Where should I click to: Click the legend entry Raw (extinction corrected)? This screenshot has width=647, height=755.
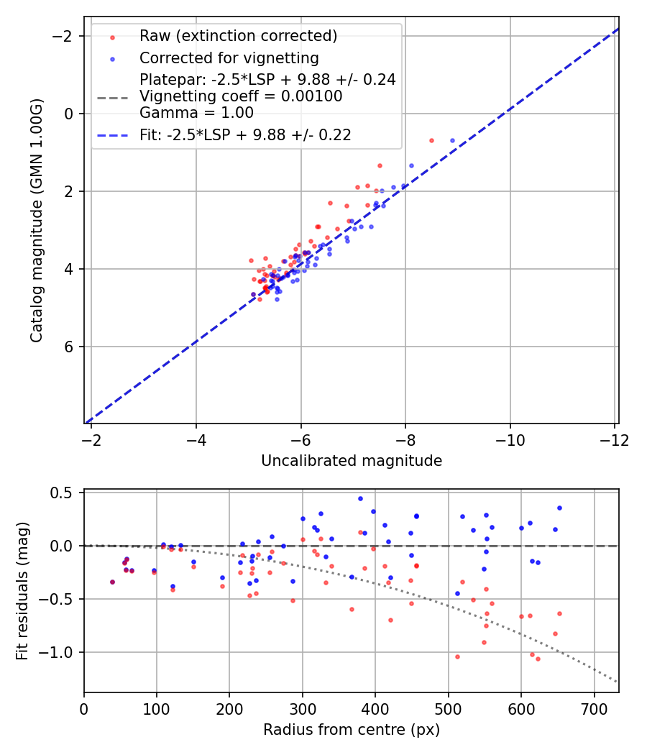pyautogui.click(x=238, y=36)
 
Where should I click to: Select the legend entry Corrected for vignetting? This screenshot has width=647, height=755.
pyautogui.click(x=229, y=58)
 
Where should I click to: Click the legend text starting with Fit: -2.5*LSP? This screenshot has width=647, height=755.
pyautogui.click(x=245, y=134)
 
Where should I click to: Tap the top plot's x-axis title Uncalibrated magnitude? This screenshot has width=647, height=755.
pyautogui.click(x=351, y=460)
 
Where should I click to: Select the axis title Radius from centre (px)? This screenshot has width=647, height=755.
pyautogui.click(x=351, y=730)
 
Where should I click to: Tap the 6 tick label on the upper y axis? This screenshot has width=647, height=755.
pyautogui.click(x=70, y=347)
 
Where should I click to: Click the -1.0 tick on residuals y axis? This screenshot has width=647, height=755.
pyautogui.click(x=61, y=652)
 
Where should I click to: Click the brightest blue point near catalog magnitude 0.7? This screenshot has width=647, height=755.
pyautogui.click(x=452, y=140)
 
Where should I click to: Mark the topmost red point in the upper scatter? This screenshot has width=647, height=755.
pyautogui.click(x=431, y=140)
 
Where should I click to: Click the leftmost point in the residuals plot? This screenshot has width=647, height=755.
pyautogui.click(x=112, y=582)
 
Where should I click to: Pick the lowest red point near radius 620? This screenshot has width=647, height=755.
pyautogui.click(x=538, y=659)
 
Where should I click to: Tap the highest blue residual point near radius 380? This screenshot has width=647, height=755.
pyautogui.click(x=360, y=498)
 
